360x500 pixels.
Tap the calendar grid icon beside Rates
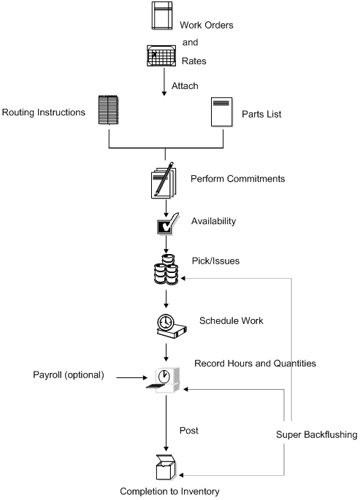(x=161, y=55)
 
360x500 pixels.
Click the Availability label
(x=212, y=220)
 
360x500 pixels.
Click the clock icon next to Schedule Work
(x=166, y=326)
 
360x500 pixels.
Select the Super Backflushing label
(x=316, y=434)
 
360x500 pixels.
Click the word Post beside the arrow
(x=188, y=431)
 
